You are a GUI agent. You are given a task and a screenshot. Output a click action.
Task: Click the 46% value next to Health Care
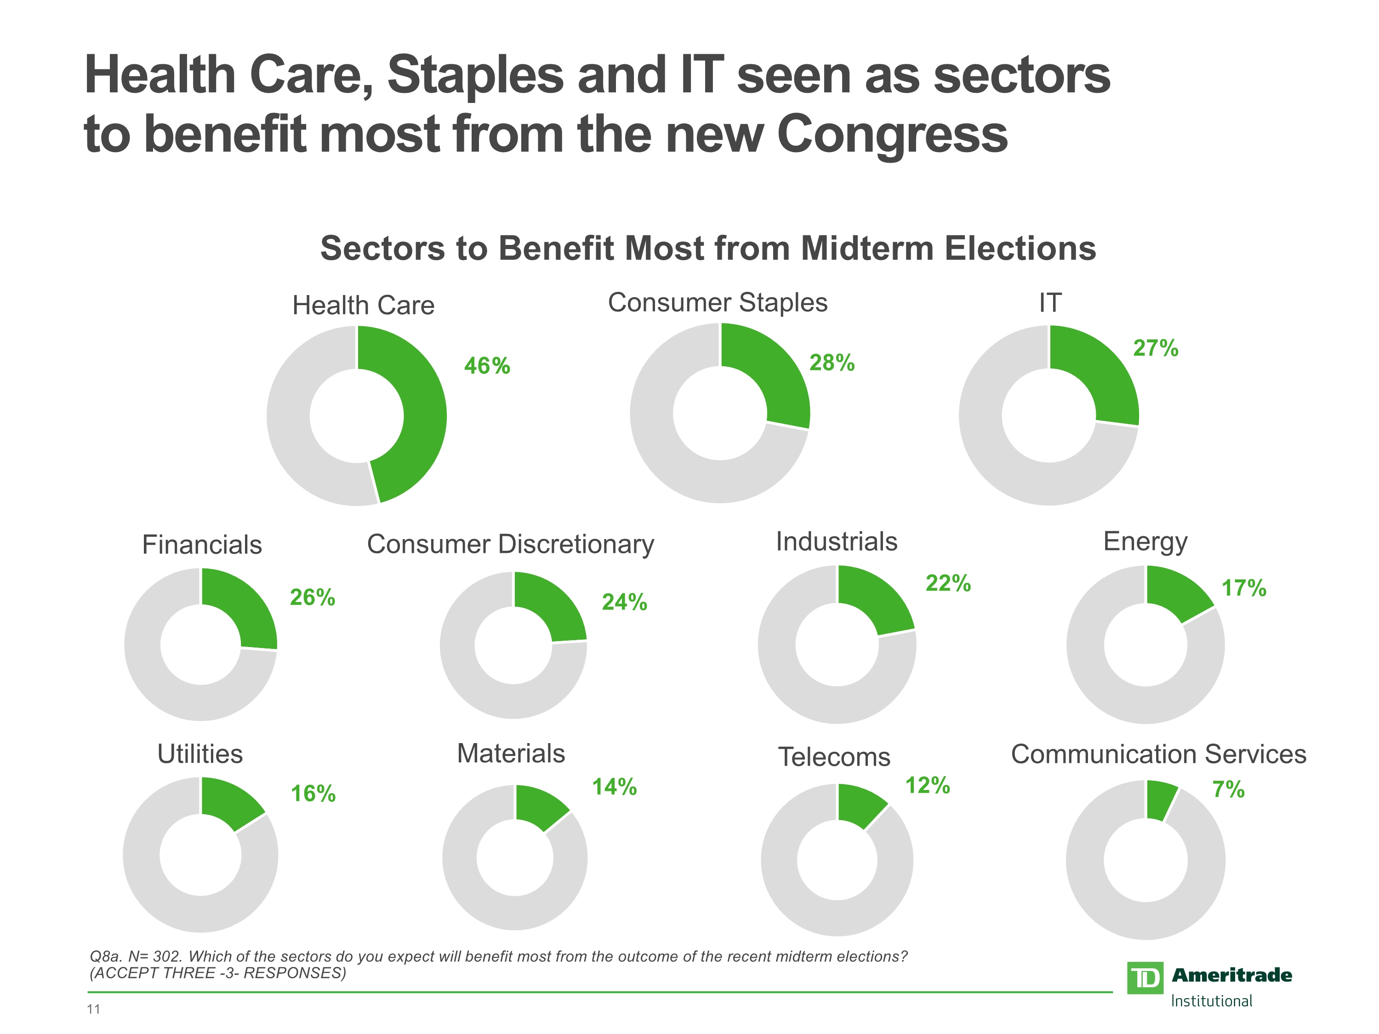click(x=487, y=366)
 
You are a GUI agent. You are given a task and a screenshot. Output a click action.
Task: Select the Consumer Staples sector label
click(x=718, y=303)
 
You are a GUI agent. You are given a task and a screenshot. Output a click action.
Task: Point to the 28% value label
click(x=832, y=363)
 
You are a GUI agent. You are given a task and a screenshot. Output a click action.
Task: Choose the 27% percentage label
click(x=1155, y=348)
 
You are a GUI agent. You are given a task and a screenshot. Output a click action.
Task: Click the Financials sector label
click(x=202, y=545)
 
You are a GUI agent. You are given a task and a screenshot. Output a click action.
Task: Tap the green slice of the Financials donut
click(x=246, y=608)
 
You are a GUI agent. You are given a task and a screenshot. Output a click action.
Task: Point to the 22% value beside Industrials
click(x=947, y=583)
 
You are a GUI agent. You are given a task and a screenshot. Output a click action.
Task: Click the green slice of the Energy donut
click(x=1175, y=592)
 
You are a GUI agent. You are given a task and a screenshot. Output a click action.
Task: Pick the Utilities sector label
click(x=200, y=754)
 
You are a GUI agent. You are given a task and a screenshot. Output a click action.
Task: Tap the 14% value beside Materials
click(x=614, y=787)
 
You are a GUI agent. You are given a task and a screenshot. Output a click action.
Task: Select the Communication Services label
click(x=1158, y=754)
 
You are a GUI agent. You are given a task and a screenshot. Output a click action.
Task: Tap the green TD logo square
click(x=1145, y=978)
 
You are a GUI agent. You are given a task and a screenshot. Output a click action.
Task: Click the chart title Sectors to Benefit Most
click(x=707, y=248)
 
